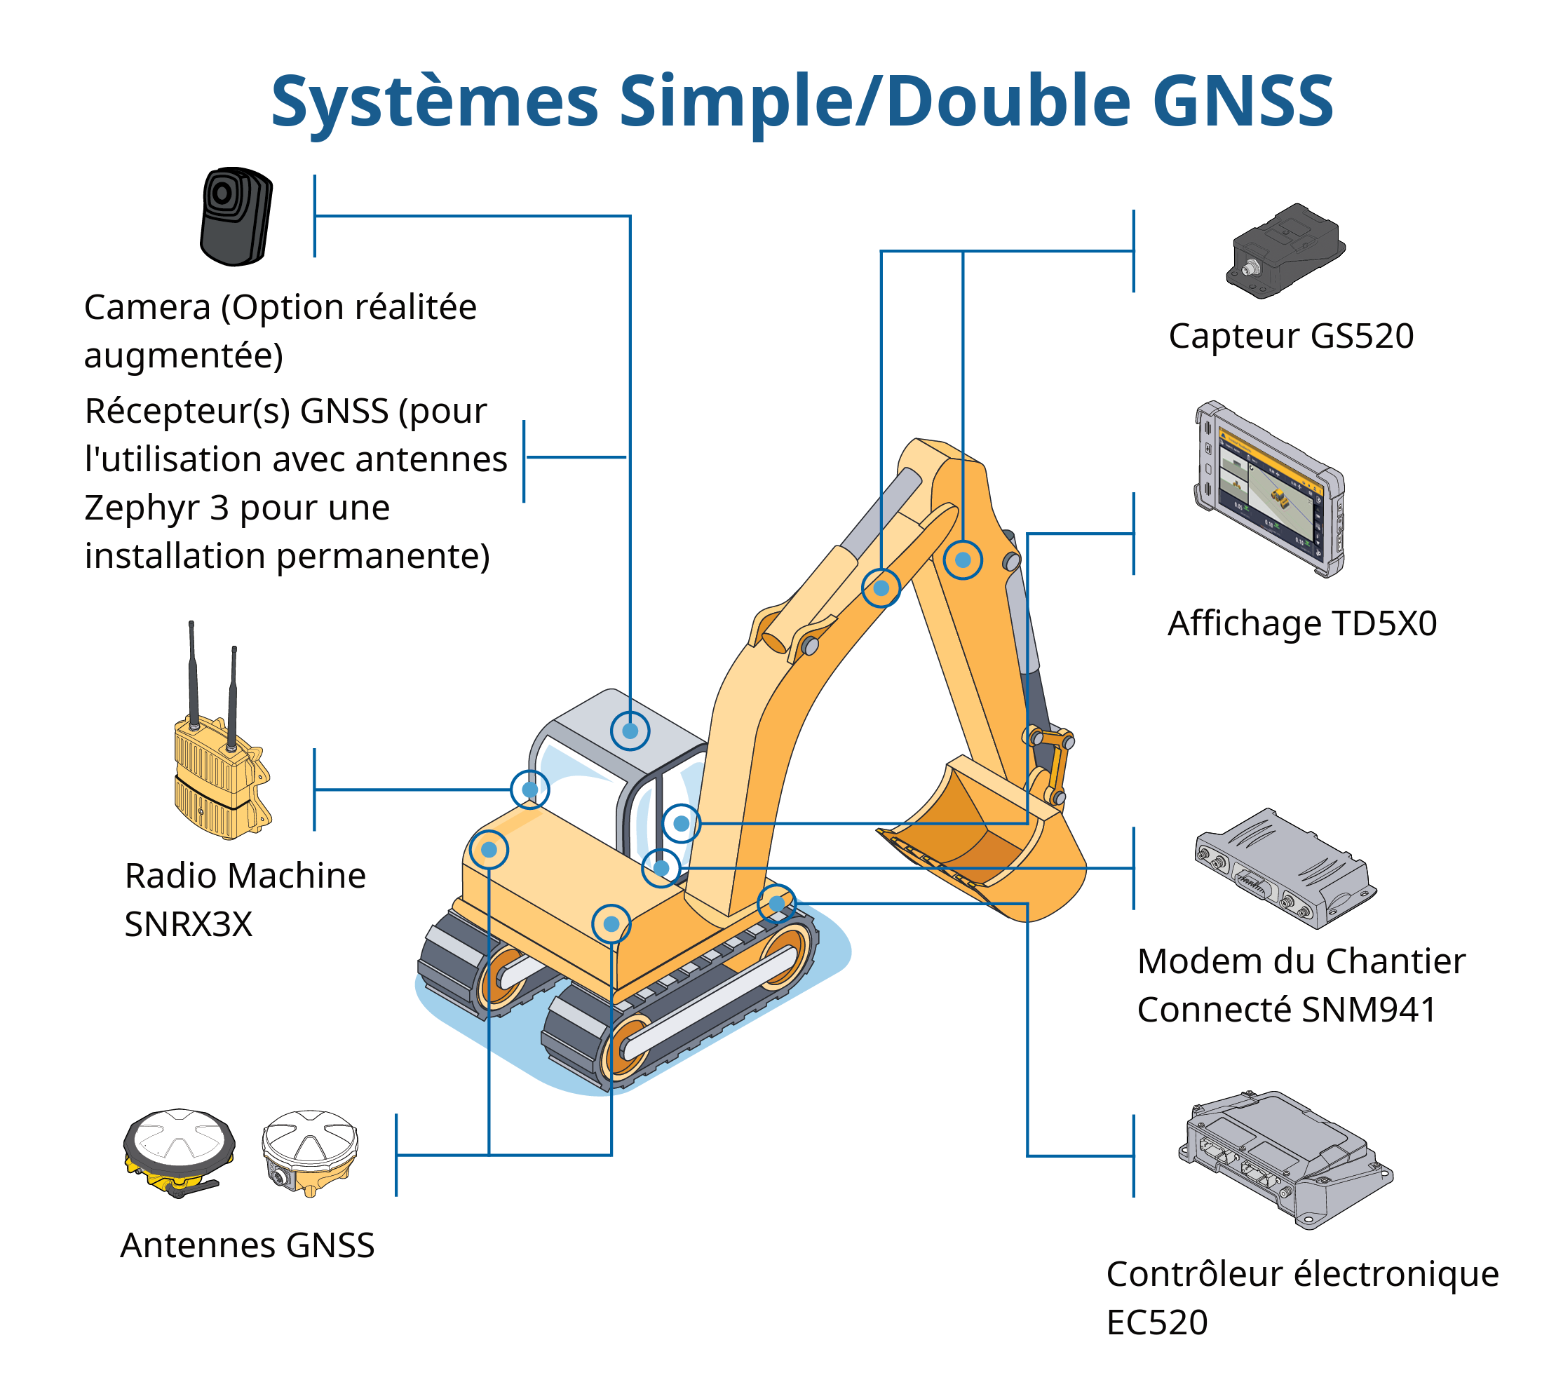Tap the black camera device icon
pos(236,217)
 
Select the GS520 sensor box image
pos(1285,251)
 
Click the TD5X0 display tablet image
pos(1269,489)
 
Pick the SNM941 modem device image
pos(1285,868)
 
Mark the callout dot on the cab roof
pos(630,731)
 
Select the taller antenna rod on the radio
pos(193,675)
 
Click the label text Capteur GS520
pos(1290,336)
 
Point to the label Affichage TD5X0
pos(1302,623)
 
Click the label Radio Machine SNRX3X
pos(244,899)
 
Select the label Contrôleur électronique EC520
pos(1302,1298)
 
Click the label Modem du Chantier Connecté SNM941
pos(1301,985)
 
